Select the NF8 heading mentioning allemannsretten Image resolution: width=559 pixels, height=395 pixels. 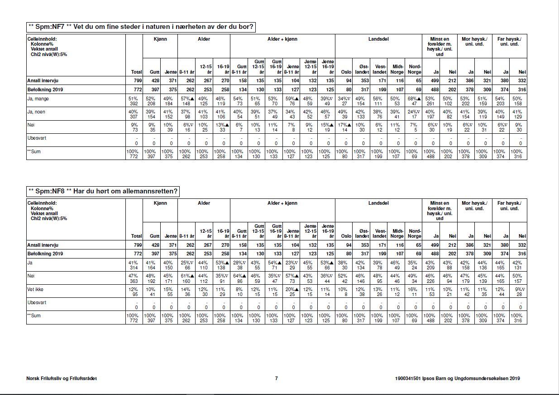(x=103, y=191)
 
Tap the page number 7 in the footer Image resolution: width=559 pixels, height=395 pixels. (x=276, y=379)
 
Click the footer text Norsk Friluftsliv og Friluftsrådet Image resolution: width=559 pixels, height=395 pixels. (x=62, y=379)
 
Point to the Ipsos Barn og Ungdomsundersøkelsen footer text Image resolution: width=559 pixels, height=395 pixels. (x=458, y=379)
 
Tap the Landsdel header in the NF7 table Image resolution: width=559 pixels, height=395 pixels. (x=378, y=39)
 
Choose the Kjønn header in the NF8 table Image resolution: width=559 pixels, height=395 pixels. (x=160, y=203)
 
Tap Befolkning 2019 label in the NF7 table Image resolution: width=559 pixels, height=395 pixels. (x=45, y=89)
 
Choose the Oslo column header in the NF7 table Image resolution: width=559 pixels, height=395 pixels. (x=346, y=72)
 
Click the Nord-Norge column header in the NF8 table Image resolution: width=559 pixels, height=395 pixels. (x=414, y=233)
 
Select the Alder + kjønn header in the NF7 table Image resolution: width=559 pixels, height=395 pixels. (x=282, y=39)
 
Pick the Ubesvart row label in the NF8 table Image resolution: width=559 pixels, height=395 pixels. (x=37, y=302)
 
